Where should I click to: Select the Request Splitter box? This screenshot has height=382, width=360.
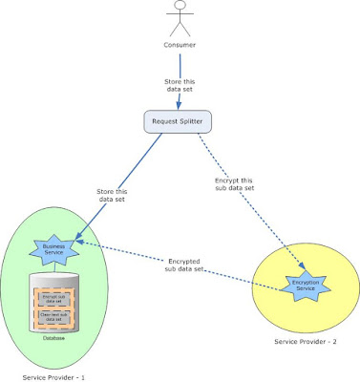(178, 122)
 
